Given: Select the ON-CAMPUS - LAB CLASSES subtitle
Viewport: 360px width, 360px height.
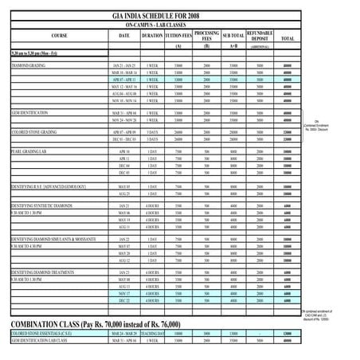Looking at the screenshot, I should (x=174, y=25).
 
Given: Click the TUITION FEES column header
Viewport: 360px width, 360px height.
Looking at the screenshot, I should (x=177, y=37).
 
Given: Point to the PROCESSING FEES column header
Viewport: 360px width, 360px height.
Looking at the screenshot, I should (x=206, y=37).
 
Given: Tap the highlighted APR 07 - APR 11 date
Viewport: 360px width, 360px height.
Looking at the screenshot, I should (x=124, y=80).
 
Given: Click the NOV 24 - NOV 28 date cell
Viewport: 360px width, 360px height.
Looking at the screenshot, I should (x=124, y=119).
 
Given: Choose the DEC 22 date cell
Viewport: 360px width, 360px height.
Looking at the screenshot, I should (x=124, y=300).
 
